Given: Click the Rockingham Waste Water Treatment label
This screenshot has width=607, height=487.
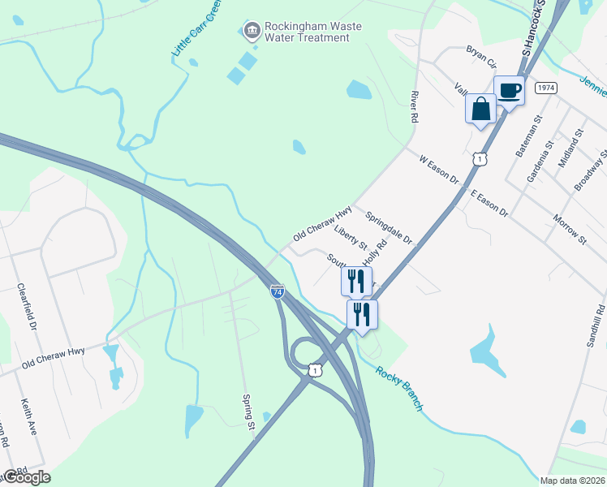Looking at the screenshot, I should point(313,32).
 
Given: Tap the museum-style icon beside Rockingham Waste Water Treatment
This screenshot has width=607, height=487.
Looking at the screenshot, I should point(252,32).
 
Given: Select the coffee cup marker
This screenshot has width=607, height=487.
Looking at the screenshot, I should point(510,90).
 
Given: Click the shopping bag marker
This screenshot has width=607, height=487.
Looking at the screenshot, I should point(480,109).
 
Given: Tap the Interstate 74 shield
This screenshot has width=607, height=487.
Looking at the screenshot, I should point(278,291).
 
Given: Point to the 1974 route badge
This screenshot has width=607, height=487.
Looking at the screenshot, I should point(545,87).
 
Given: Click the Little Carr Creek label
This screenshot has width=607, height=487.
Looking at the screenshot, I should point(196,32).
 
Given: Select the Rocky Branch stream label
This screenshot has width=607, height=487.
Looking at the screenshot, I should point(398,388).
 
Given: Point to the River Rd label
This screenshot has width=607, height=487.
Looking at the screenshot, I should point(414,107).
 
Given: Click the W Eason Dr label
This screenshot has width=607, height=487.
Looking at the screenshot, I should point(439,169).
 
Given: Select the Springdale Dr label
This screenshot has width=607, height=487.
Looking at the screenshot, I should point(390,229).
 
